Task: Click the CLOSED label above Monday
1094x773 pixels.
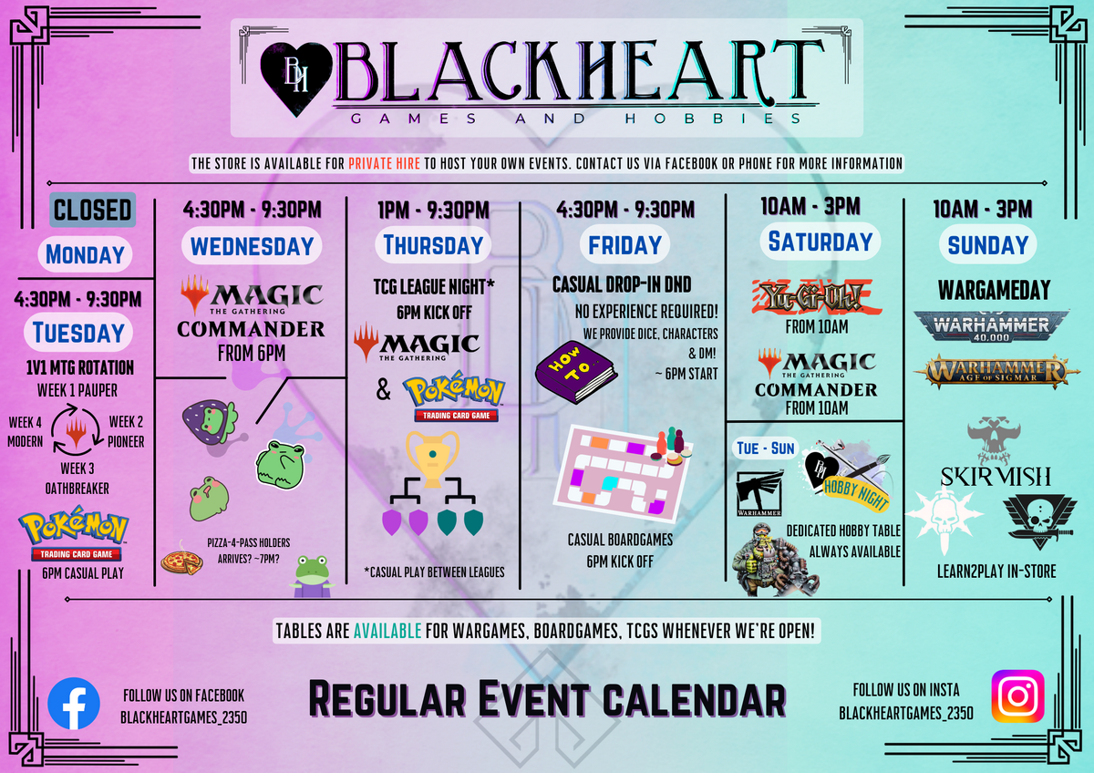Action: (x=93, y=210)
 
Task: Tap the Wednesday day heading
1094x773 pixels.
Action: (x=252, y=245)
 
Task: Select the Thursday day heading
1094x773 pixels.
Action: (x=433, y=245)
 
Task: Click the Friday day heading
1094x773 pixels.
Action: (x=624, y=245)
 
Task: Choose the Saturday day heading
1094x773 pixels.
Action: (x=820, y=242)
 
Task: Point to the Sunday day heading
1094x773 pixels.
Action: (x=987, y=245)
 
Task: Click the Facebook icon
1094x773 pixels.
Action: (x=74, y=704)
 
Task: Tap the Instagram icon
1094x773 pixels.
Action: (x=1017, y=696)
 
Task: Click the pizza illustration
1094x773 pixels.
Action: (x=181, y=561)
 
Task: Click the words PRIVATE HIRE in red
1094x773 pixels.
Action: (x=383, y=164)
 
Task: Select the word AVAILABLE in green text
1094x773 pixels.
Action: (x=387, y=631)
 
